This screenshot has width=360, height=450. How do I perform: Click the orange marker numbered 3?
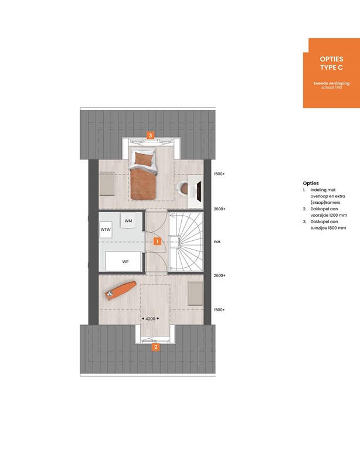coord(151,136)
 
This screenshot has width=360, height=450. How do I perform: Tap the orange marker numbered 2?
coord(155,346)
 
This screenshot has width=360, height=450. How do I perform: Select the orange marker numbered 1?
coord(157,240)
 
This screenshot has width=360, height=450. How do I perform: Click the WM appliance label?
coord(129,220)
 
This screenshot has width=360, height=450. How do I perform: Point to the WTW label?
coord(106,229)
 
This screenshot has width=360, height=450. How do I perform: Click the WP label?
coord(125,261)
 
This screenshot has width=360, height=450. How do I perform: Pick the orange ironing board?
coord(121,290)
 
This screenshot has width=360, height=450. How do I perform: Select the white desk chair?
coord(183,187)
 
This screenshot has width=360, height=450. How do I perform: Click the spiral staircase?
coord(186,241)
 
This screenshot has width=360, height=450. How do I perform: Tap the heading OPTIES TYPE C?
coord(331,64)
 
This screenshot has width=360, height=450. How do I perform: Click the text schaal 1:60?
coord(331,88)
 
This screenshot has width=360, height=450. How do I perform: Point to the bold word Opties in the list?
coord(311,183)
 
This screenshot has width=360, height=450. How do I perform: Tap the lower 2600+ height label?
coord(220,275)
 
